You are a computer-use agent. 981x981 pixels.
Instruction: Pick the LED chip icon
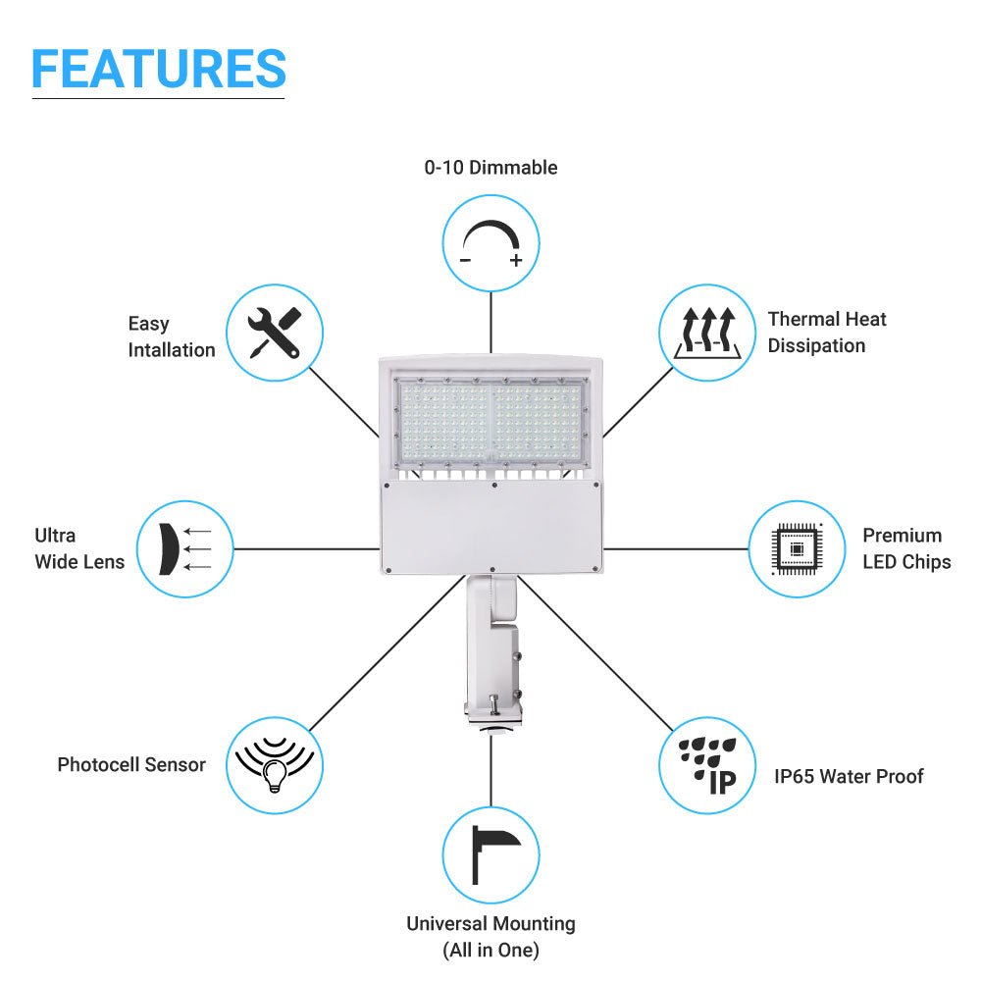797,548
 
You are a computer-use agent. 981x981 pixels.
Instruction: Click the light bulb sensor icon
275,766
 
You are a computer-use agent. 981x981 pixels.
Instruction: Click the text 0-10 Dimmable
490,168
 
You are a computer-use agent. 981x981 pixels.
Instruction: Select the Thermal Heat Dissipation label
827,333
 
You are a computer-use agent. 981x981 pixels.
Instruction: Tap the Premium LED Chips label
906,548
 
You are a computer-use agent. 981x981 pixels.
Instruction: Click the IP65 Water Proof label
849,777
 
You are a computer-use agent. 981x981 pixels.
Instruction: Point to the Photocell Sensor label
131,764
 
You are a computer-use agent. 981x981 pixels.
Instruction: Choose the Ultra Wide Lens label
79,548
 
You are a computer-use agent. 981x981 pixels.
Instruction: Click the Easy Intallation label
171,336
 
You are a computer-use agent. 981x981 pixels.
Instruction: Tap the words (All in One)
490,950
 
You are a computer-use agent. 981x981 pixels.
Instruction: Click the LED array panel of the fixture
490,421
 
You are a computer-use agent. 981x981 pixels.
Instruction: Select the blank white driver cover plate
490,527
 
